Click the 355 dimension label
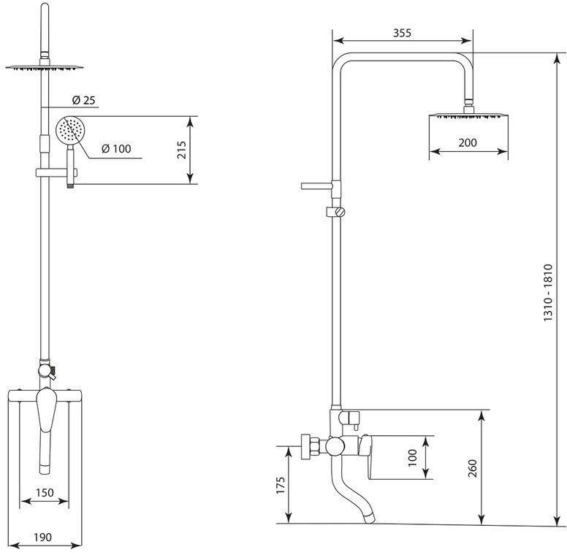coord(402,33)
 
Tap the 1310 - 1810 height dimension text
coord(548,293)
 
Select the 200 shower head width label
coord(468,142)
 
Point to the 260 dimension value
coord(473,468)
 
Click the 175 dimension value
coord(281,485)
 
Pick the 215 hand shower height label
coord(181,150)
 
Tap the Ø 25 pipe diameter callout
coord(84,100)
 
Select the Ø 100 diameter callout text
coord(116,148)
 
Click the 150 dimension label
coord(45,492)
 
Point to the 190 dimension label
coord(42,537)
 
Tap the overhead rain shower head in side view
coord(468,115)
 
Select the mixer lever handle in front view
coord(47,410)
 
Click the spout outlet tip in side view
coord(370,518)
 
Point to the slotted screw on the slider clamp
coord(340,211)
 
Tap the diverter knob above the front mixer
coord(45,370)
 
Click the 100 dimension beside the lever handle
coord(413,457)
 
